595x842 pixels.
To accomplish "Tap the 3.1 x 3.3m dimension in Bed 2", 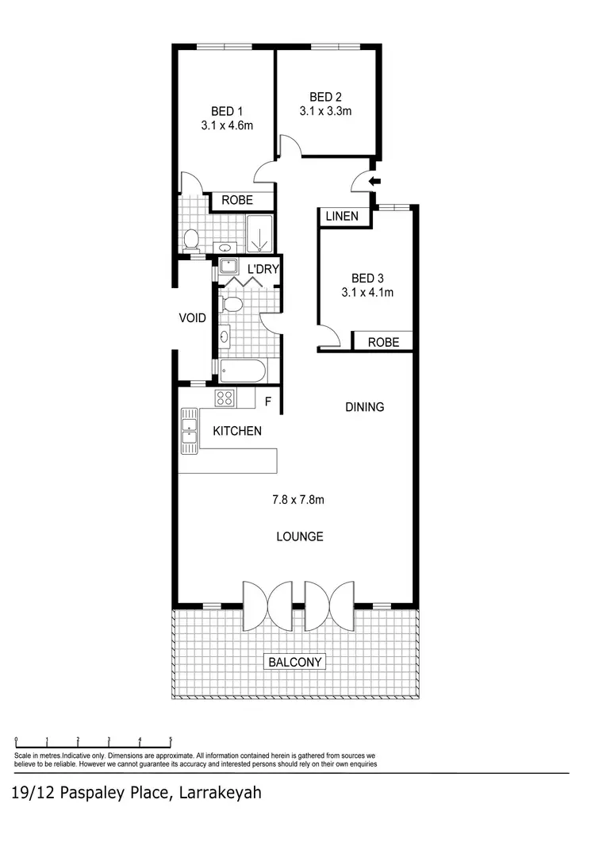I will (325, 111).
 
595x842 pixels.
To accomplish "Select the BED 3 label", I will (367, 278).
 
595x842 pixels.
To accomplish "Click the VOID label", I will (192, 318).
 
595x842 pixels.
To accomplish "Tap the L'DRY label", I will (263, 269).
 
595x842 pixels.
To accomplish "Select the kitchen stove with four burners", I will (225, 398).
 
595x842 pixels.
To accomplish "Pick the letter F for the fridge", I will (268, 402).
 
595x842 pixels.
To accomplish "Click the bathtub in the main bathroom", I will (243, 371).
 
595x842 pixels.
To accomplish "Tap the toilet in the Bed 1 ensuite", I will (190, 239).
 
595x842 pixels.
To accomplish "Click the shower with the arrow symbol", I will (259, 234).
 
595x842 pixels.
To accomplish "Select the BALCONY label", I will (295, 662).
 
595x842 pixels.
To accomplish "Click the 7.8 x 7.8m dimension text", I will (298, 500).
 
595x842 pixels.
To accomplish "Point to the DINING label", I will (364, 407).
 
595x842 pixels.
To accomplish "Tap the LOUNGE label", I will (299, 536).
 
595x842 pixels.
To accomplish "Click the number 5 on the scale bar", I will (171, 739).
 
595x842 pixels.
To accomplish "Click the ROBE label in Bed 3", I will (382, 343).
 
